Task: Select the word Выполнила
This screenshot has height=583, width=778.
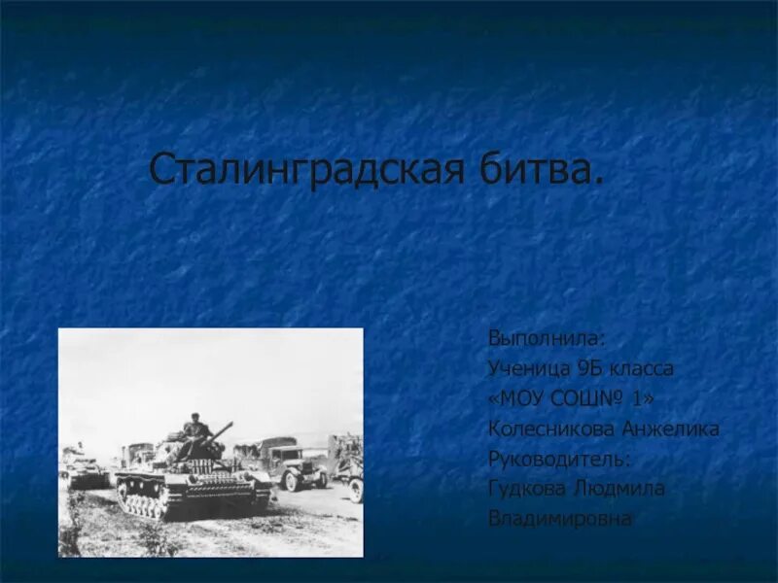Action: (x=547, y=339)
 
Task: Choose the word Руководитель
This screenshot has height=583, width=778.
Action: (x=559, y=460)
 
